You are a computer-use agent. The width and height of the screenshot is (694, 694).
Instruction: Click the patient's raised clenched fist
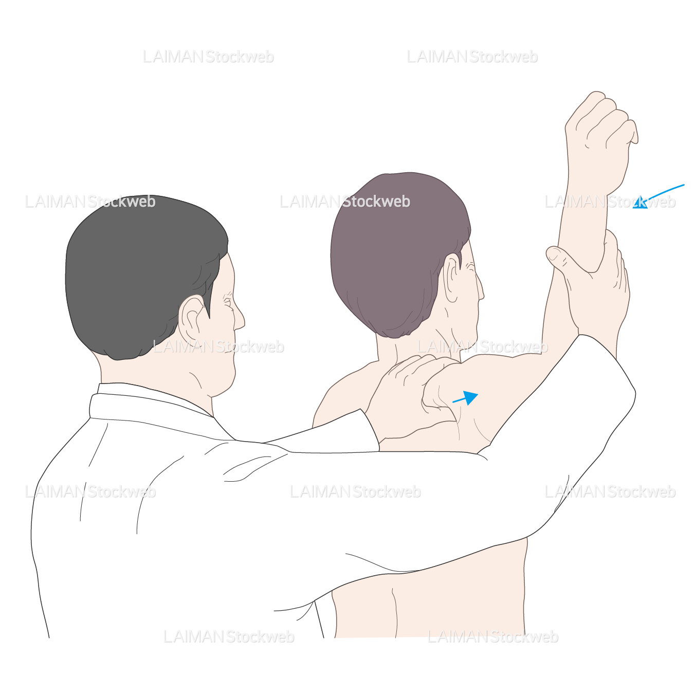(599, 140)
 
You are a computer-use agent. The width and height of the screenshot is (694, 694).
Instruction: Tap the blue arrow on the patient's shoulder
(465, 397)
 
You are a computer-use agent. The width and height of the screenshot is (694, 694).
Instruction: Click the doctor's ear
(191, 317)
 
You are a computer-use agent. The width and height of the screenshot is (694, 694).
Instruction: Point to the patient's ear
(452, 277)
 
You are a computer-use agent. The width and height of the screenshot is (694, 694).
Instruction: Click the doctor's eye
(227, 301)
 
